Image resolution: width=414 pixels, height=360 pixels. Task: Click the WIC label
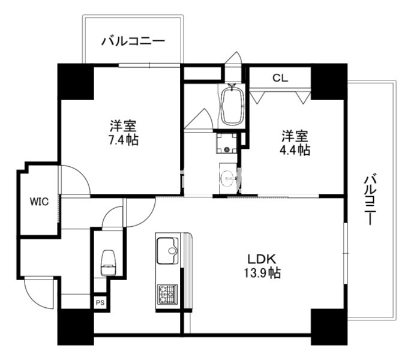[39, 202]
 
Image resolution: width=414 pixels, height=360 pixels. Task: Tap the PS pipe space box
[100, 302]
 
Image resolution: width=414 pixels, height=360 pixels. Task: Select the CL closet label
[280, 78]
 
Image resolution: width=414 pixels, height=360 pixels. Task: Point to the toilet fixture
[108, 263]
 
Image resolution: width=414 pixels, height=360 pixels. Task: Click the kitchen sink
[167, 250]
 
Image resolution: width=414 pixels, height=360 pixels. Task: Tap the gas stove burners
[167, 294]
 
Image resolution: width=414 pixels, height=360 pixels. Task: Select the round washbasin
[228, 178]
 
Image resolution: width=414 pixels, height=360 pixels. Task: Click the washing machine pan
[227, 143]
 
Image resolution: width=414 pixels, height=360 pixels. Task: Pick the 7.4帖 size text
[124, 140]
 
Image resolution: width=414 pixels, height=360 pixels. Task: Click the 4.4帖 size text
[295, 150]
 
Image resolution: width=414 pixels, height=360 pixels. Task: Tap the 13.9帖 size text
[262, 272]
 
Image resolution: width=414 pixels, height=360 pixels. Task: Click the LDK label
[262, 259]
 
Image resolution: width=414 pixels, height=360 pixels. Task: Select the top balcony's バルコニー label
[133, 41]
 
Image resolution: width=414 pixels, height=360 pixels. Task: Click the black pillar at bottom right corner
[329, 327]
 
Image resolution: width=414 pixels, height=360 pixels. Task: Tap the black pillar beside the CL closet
[329, 82]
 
